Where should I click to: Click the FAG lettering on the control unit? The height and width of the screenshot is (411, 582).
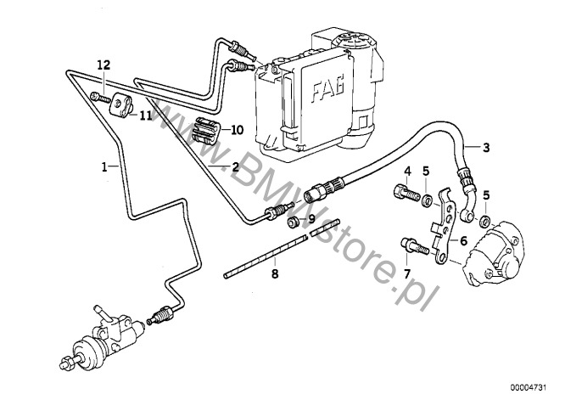pos(327,89)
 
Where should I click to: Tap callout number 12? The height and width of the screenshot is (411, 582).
pos(104,65)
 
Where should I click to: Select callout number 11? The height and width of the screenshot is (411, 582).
pos(146,115)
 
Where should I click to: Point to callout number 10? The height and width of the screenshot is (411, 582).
pos(238,130)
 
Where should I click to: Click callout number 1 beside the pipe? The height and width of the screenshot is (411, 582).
pos(104,166)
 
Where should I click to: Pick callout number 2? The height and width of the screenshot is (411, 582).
pos(235,166)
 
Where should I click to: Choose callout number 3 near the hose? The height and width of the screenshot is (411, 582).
pos(486,148)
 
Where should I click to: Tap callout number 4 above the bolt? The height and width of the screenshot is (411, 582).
pos(408,172)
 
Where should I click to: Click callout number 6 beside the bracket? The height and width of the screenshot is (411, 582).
pos(464,241)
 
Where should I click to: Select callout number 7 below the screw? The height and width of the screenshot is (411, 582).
pos(407,274)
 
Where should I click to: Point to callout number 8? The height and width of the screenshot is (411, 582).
pos(275,274)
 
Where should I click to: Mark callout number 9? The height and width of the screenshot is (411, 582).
pos(311,217)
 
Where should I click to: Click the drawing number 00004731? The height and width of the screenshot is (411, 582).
pos(529,387)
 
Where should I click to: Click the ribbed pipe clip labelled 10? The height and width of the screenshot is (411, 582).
pos(206,130)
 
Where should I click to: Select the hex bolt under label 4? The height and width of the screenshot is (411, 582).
pos(406,194)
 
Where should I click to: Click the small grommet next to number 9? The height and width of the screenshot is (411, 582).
pos(294,223)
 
